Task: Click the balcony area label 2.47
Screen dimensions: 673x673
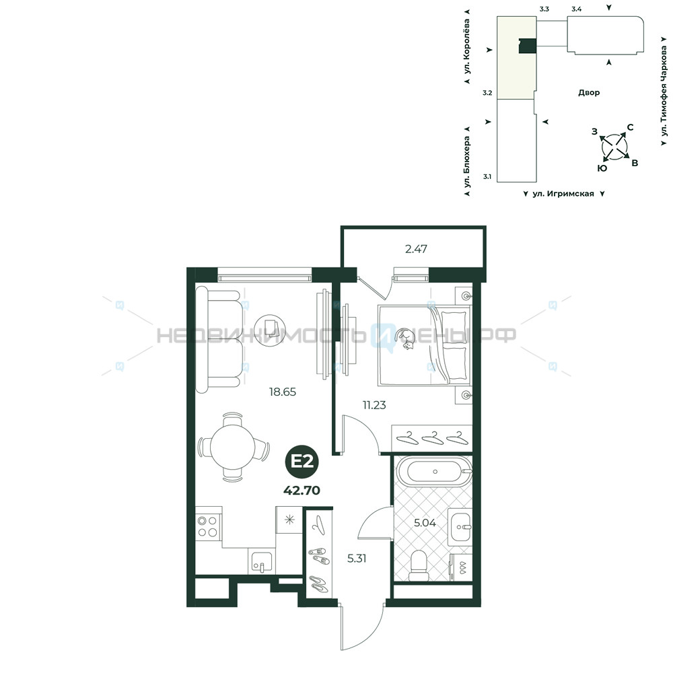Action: click(416, 249)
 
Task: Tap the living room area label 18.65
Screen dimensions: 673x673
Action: click(283, 392)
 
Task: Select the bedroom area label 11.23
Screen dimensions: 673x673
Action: click(374, 404)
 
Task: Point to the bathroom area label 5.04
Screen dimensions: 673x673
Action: click(425, 523)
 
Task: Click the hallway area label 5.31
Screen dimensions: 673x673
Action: click(357, 559)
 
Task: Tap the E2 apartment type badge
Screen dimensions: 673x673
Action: click(303, 462)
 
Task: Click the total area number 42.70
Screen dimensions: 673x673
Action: click(302, 491)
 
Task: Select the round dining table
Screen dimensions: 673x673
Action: click(232, 446)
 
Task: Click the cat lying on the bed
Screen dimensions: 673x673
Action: click(406, 339)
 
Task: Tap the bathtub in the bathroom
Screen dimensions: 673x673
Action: click(435, 471)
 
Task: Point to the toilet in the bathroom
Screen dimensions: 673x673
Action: click(419, 566)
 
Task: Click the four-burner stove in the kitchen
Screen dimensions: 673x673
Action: click(208, 527)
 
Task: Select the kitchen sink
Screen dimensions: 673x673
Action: click(261, 561)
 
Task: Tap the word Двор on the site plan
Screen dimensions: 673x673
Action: click(589, 92)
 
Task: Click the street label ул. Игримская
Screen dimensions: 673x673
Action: click(563, 194)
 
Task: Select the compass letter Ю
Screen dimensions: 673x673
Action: click(602, 168)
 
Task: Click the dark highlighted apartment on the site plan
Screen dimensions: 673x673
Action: click(528, 46)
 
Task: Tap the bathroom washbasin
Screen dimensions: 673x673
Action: click(460, 527)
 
